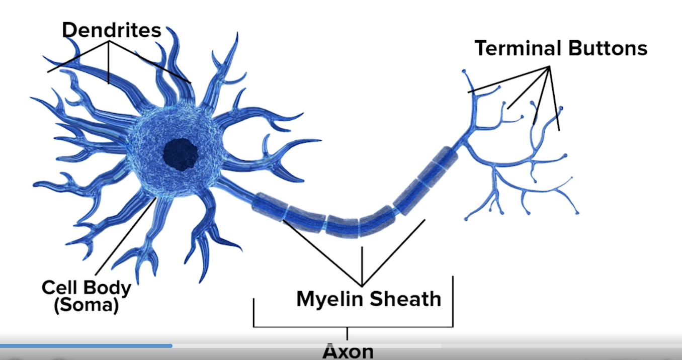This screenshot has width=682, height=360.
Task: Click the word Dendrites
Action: click(112, 31)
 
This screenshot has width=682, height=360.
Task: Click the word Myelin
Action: click(330, 299)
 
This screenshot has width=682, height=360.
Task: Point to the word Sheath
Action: click(405, 299)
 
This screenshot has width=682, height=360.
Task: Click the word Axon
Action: click(348, 351)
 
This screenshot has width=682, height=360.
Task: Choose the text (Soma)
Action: click(87, 305)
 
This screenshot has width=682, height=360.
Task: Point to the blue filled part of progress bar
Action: click(86, 346)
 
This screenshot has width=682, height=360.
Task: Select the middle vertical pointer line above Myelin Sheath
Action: click(362, 264)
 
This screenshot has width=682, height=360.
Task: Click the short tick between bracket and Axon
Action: click(347, 333)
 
